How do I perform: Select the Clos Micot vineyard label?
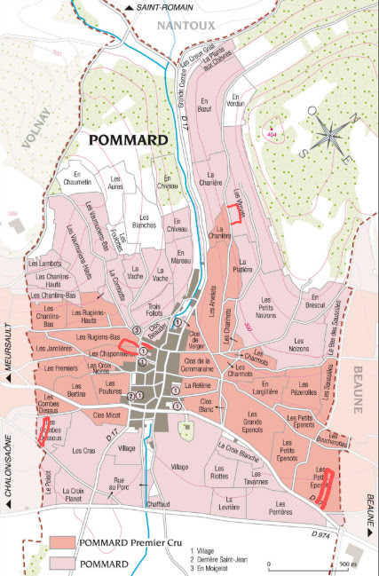tap(107, 414)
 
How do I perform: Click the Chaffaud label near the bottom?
tap(158, 502)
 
